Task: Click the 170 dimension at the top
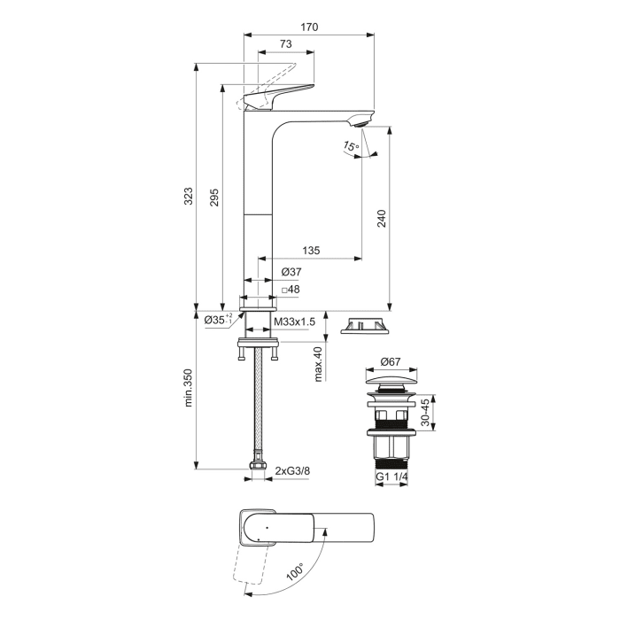coord(308,27)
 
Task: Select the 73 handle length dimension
coord(286,44)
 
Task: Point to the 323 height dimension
coord(188,196)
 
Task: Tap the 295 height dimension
coord(213,199)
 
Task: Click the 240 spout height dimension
coord(382,217)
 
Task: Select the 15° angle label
coord(351,145)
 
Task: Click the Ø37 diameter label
coord(291,272)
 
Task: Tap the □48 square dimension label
coord(291,290)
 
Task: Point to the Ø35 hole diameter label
coord(217,319)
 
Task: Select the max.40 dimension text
coord(317,364)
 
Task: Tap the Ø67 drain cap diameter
coord(391,361)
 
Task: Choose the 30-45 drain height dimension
coord(428,412)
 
